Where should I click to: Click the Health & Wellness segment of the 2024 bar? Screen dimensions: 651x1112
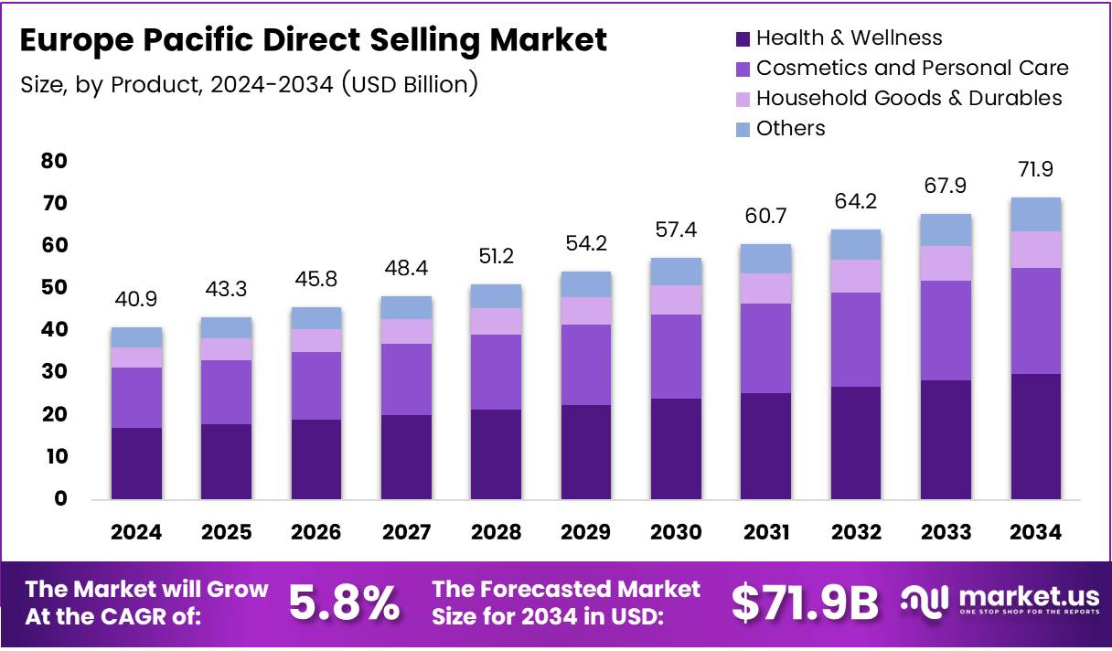[x=136, y=464]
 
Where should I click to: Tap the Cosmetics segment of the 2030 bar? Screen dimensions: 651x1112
[x=676, y=357]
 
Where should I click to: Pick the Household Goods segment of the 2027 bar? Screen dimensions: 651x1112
[x=406, y=331]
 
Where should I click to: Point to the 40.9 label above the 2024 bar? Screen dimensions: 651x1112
[x=136, y=299]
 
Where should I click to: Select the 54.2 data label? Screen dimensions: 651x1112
[x=586, y=244]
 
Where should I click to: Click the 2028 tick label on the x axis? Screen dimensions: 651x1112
[x=496, y=532]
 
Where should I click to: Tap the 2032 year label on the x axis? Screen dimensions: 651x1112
[x=856, y=532]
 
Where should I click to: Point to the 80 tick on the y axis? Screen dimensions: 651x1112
[x=54, y=161]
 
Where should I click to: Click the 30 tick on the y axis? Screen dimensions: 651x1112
[x=54, y=372]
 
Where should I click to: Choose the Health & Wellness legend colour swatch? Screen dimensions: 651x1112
[x=743, y=39]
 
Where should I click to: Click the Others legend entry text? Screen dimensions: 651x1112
[x=790, y=128]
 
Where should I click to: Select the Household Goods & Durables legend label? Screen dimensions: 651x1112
[x=909, y=98]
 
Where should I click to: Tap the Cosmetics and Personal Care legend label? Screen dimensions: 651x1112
[x=912, y=68]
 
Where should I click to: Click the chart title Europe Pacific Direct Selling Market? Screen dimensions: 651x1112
[x=313, y=40]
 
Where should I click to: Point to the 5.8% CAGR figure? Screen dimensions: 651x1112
[x=344, y=603]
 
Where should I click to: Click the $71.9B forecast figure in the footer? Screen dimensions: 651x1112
[x=805, y=603]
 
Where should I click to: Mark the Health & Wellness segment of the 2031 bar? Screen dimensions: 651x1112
[x=766, y=446]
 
